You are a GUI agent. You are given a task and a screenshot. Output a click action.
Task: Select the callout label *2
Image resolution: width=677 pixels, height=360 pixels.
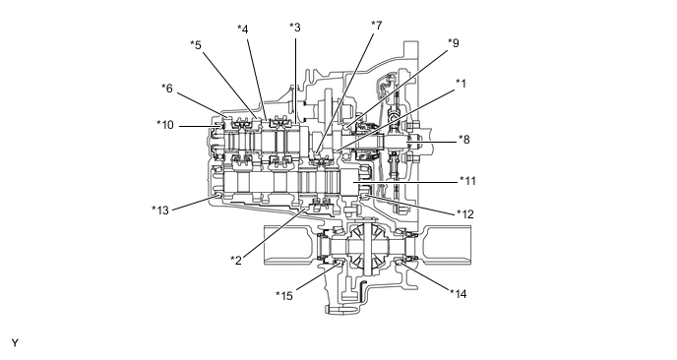pos(236,260)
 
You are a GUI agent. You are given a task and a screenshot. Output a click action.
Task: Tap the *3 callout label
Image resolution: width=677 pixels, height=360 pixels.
pos(295,27)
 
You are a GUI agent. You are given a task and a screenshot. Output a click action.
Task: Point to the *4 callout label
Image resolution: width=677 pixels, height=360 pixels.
pos(243,29)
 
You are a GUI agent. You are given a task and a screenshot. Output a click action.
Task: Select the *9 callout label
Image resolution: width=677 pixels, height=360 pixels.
pos(453,42)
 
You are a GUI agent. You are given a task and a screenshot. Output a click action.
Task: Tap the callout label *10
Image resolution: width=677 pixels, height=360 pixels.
pos(165,124)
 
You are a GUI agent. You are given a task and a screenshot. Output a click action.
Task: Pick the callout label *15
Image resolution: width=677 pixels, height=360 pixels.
pos(285,295)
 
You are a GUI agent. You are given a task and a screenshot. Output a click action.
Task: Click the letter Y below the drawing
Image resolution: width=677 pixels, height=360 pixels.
pos(15,343)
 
